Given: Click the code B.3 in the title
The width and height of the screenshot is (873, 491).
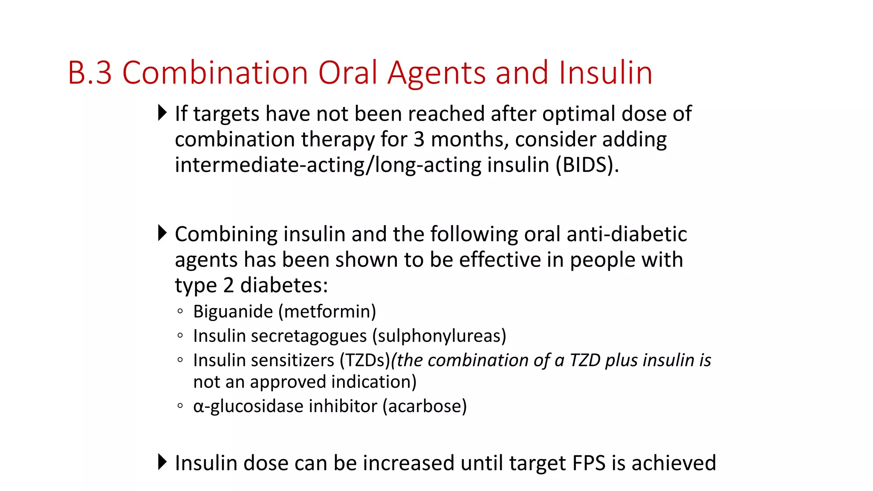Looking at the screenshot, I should (90, 72).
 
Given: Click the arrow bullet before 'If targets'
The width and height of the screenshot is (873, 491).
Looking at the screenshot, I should (162, 113).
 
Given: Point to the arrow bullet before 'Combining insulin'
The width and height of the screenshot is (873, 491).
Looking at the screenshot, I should (162, 233).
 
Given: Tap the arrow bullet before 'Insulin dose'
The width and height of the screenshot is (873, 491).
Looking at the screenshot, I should (162, 462).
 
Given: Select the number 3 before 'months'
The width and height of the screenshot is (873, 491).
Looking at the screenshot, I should (419, 139).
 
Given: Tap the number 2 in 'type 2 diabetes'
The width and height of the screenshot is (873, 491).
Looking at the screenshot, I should (228, 285).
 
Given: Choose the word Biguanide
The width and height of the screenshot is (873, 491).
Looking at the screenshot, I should (233, 312).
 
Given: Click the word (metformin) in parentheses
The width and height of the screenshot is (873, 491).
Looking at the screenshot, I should (327, 312).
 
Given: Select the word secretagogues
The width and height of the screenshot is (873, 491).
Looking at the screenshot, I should (309, 336).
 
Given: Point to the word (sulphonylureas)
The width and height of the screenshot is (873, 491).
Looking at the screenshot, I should (439, 336).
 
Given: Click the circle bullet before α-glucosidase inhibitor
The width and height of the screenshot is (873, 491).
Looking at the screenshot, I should (180, 406).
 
